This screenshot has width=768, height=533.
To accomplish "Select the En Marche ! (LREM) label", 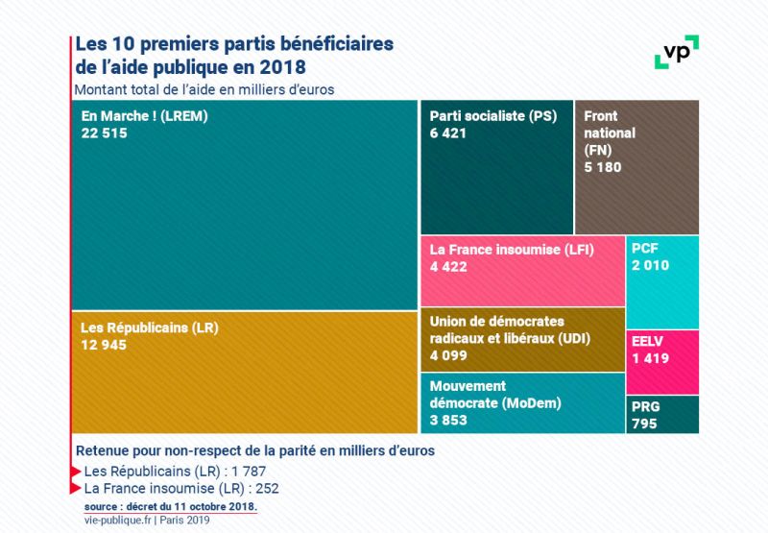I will click(145, 116).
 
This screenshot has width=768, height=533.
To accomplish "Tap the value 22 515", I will click(105, 133).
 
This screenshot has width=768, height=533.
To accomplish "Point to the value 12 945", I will click(105, 345).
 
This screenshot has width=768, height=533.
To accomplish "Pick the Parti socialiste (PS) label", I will click(493, 116).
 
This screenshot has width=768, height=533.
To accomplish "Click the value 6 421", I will click(448, 133).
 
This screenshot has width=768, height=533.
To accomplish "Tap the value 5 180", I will click(603, 167).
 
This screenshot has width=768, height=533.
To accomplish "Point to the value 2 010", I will click(651, 265).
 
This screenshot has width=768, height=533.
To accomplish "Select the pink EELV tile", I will click(662, 362).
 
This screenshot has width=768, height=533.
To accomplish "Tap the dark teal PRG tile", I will click(662, 415).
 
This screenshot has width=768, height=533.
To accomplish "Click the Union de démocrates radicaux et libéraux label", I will click(510, 330).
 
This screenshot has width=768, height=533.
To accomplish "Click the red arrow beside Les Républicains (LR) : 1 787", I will click(77, 472).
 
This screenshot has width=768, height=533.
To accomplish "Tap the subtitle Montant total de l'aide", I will click(203, 89).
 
